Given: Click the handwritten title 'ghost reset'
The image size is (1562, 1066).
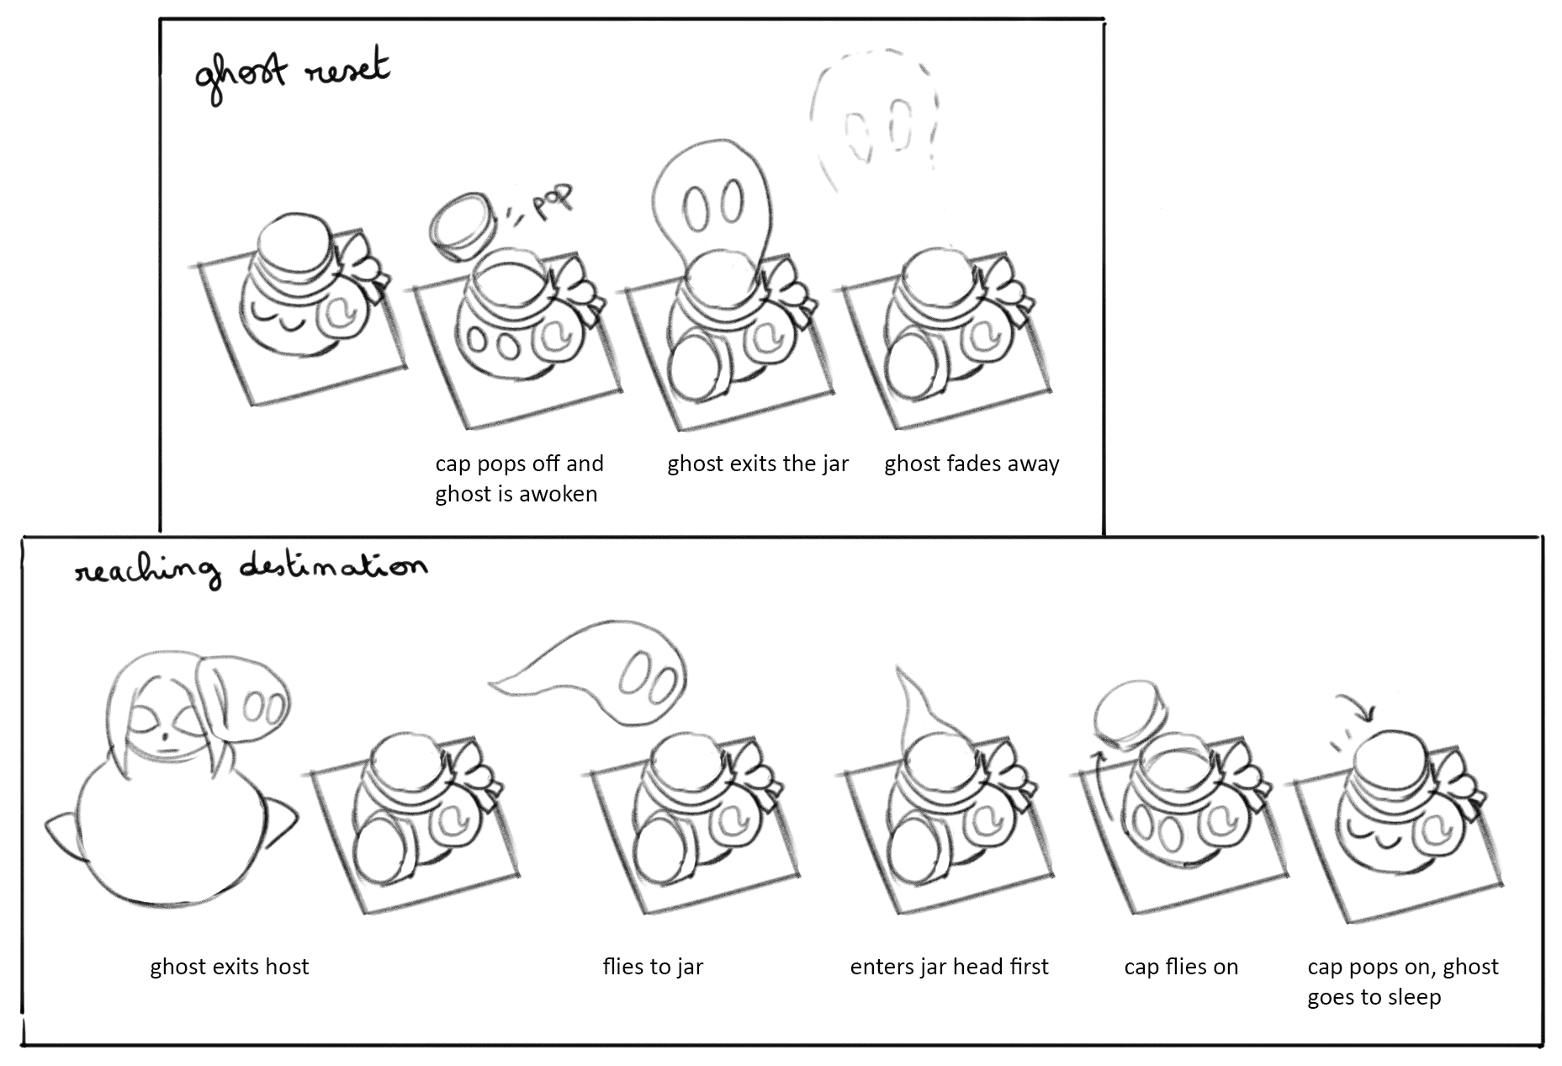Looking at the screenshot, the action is pyautogui.click(x=292, y=75).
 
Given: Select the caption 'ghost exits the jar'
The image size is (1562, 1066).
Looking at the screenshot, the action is pyautogui.click(x=758, y=464).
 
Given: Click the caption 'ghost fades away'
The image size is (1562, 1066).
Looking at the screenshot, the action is pyautogui.click(x=972, y=464).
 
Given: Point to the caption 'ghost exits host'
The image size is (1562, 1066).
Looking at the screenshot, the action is pyautogui.click(x=230, y=967).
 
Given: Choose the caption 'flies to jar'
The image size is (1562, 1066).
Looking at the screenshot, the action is pyautogui.click(x=653, y=967).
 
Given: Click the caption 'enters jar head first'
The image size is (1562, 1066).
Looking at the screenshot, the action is pyautogui.click(x=949, y=967).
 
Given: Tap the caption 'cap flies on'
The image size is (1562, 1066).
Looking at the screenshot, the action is pyautogui.click(x=1181, y=967).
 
